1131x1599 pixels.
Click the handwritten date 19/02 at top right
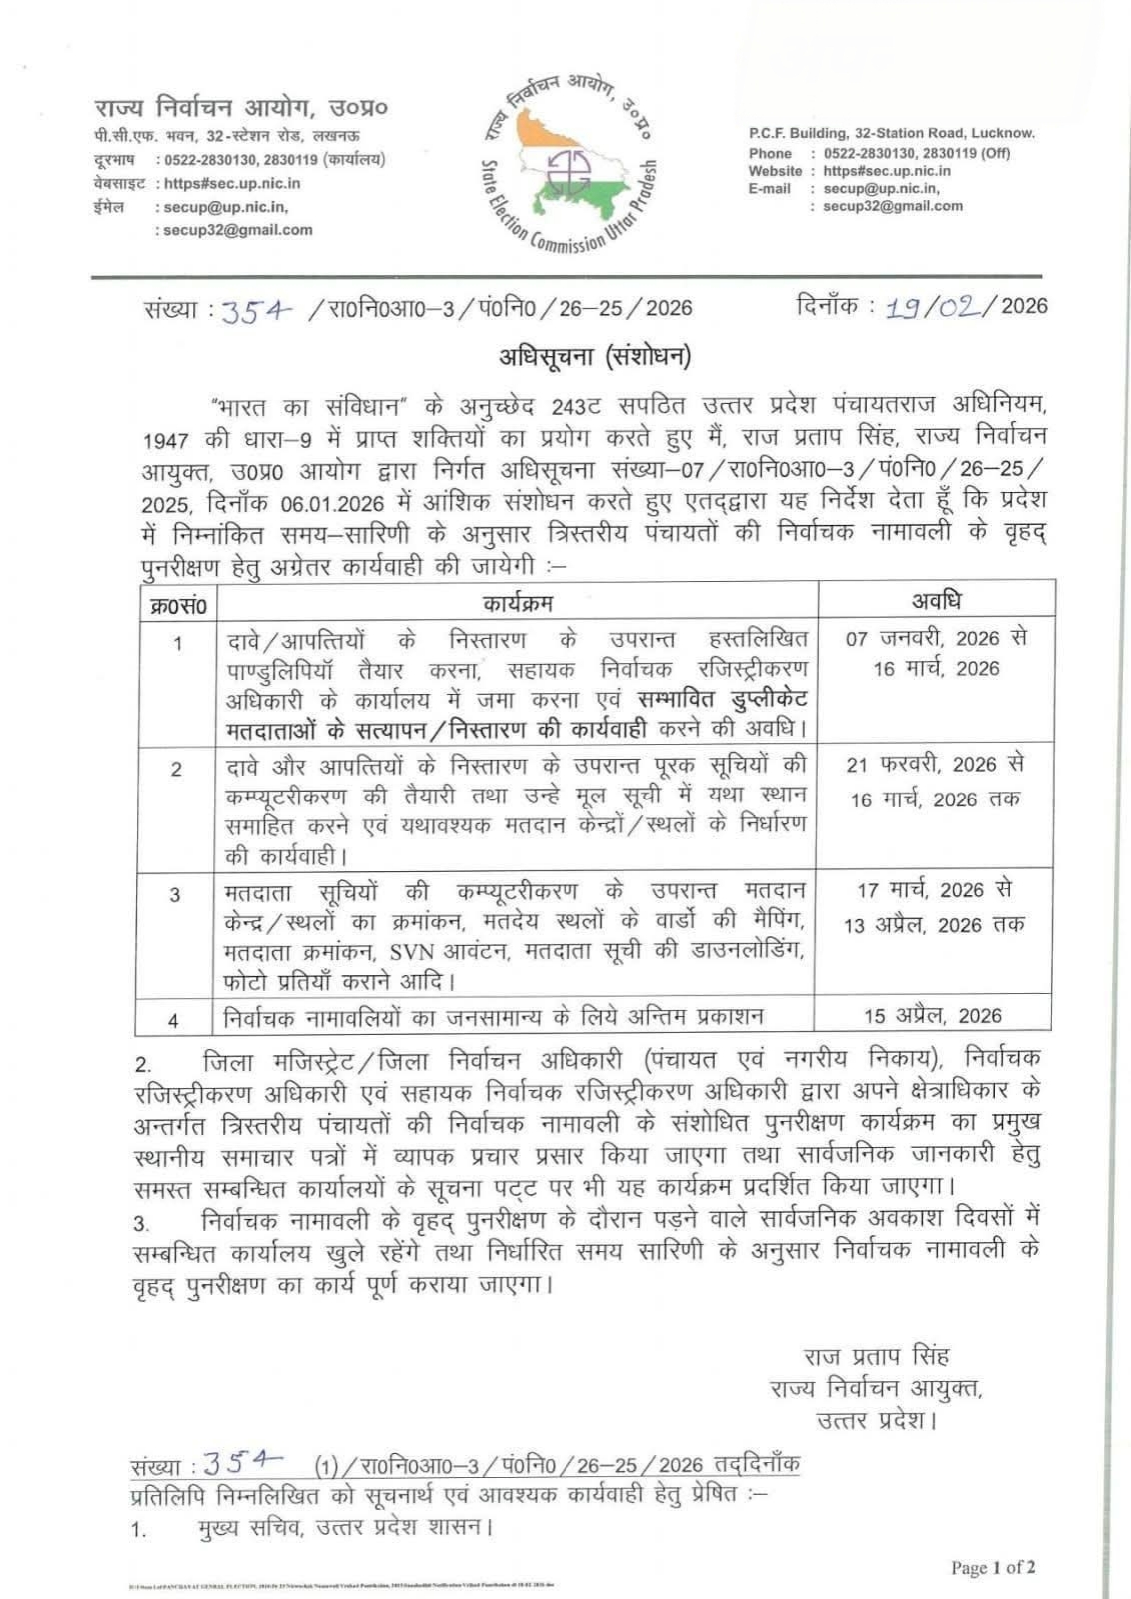pos(936,307)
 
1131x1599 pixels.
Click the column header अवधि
pos(936,601)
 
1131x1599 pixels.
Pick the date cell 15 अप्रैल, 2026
pos(933,1015)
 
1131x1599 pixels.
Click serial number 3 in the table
pos(175,895)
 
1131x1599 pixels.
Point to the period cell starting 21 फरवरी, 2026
pos(935,782)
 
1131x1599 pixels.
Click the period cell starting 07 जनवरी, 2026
pos(936,653)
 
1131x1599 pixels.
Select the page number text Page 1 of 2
pos(993,1567)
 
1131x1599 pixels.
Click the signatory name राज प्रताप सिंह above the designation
pos(876,1356)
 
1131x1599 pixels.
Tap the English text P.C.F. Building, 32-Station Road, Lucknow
pos(892,133)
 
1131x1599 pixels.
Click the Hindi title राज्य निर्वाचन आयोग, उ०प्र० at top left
pos(241,107)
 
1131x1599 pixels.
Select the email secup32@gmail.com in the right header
pos(893,206)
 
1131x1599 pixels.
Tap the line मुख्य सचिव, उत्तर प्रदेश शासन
pos(344,1527)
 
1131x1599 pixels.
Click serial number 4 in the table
pos(174,1020)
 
